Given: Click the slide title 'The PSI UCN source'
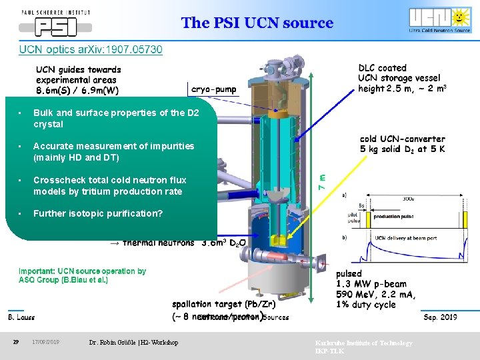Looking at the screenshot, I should coord(257,23).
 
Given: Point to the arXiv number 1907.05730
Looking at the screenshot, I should coord(133,49).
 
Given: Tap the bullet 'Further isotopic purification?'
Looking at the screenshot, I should coord(97,214).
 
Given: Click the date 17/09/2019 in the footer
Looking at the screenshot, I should coord(46,342).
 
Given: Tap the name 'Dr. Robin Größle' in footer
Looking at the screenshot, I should coord(133,342).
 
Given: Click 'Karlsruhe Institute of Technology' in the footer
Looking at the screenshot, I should coord(363,343).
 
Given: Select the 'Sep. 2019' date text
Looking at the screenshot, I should coord(440,317).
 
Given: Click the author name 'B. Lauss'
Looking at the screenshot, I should coord(21,317).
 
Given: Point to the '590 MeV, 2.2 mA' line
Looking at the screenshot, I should coord(375,295).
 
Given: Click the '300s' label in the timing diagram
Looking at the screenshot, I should coord(407,198).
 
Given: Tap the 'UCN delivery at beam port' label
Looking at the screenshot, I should coord(405,237).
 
